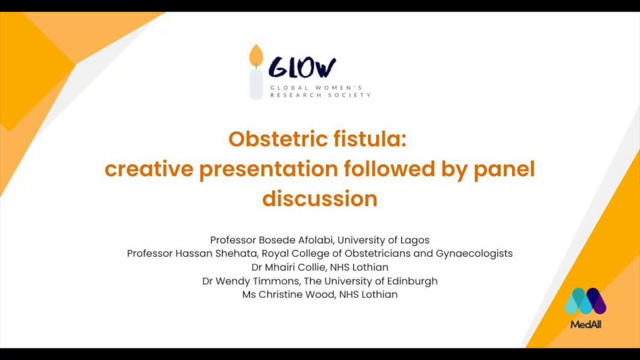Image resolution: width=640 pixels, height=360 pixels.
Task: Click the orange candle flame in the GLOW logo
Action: click(x=256, y=55)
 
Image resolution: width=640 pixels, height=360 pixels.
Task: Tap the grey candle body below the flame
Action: click(x=256, y=84)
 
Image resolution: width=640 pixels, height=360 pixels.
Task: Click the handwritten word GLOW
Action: click(x=302, y=68)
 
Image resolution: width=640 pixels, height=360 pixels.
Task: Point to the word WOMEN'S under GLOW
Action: click(x=339, y=88)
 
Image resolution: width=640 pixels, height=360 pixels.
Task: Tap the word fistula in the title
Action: click(x=370, y=139)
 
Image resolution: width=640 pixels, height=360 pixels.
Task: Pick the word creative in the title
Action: click(x=149, y=169)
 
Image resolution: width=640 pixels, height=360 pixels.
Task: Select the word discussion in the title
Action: click(x=320, y=199)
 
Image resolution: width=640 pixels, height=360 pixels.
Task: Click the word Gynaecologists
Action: click(x=474, y=254)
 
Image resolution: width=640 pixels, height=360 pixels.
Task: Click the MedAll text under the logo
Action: click(x=586, y=325)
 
